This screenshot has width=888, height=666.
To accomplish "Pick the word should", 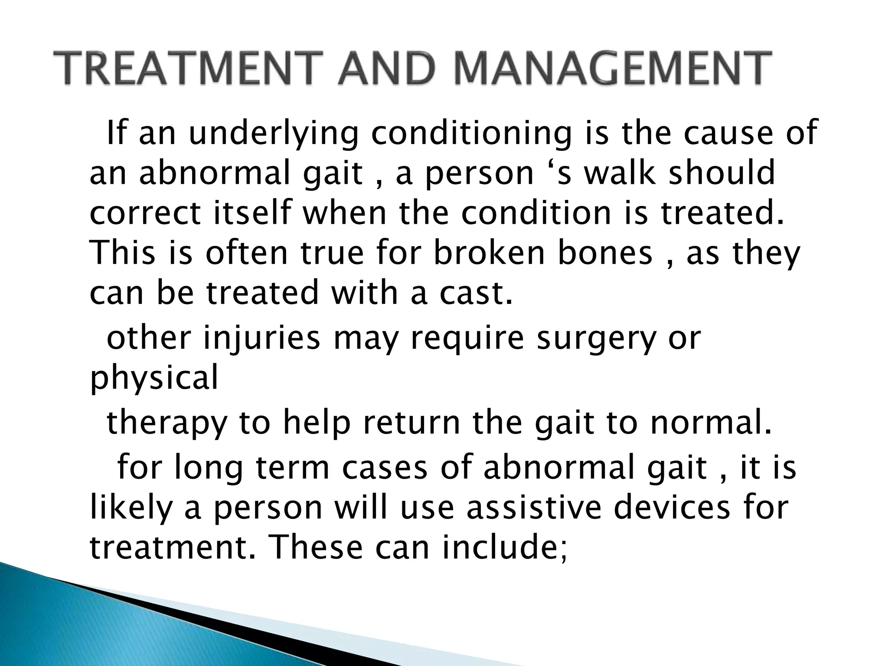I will pos(721,173).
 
